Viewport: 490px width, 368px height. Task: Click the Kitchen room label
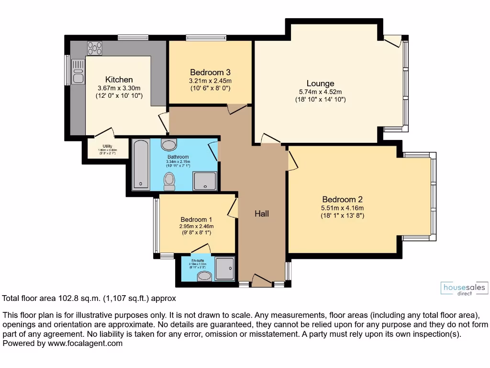click(119, 80)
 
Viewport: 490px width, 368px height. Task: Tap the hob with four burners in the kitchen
click(94, 48)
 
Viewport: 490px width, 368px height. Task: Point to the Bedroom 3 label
click(210, 72)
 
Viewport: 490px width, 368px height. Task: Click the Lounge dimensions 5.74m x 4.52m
click(320, 92)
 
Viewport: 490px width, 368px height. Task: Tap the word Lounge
click(320, 83)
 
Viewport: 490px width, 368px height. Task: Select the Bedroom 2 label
click(342, 199)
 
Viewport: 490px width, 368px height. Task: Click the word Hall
click(261, 214)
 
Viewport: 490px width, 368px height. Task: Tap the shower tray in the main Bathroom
click(204, 181)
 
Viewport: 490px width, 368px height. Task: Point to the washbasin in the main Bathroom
click(169, 145)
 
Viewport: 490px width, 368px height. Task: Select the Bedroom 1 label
click(196, 219)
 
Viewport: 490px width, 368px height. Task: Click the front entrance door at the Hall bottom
click(261, 280)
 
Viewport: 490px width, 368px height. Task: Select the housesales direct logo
click(464, 289)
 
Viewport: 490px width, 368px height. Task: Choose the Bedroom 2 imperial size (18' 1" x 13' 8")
click(342, 216)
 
